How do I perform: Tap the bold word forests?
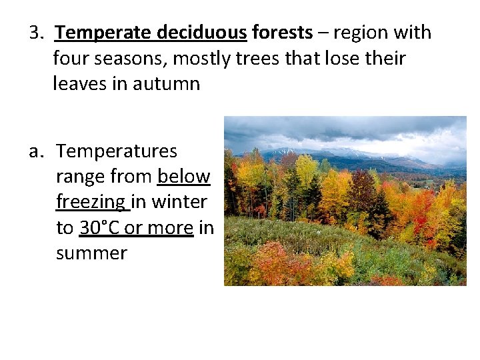(282, 33)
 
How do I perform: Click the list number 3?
(35, 33)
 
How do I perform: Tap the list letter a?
(36, 151)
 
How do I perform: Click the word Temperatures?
(117, 151)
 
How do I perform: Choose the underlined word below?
(184, 177)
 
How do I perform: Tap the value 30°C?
(99, 228)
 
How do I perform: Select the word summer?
(91, 253)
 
